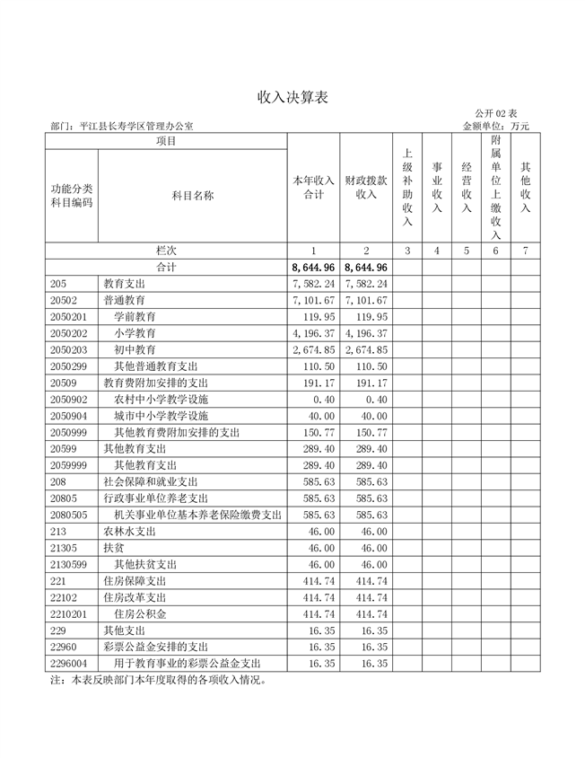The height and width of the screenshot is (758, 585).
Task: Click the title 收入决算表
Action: point(292,97)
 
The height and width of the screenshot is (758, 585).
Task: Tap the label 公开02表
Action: point(496,113)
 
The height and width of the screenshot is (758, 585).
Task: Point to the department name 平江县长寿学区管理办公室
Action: point(135,127)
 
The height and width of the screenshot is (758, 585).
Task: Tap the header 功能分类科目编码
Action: point(72,195)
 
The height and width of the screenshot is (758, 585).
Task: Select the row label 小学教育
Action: point(135,332)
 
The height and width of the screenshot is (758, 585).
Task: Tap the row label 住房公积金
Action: point(140,613)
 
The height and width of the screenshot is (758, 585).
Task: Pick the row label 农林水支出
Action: point(129,531)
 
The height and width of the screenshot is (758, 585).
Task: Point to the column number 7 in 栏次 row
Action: point(526,251)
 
